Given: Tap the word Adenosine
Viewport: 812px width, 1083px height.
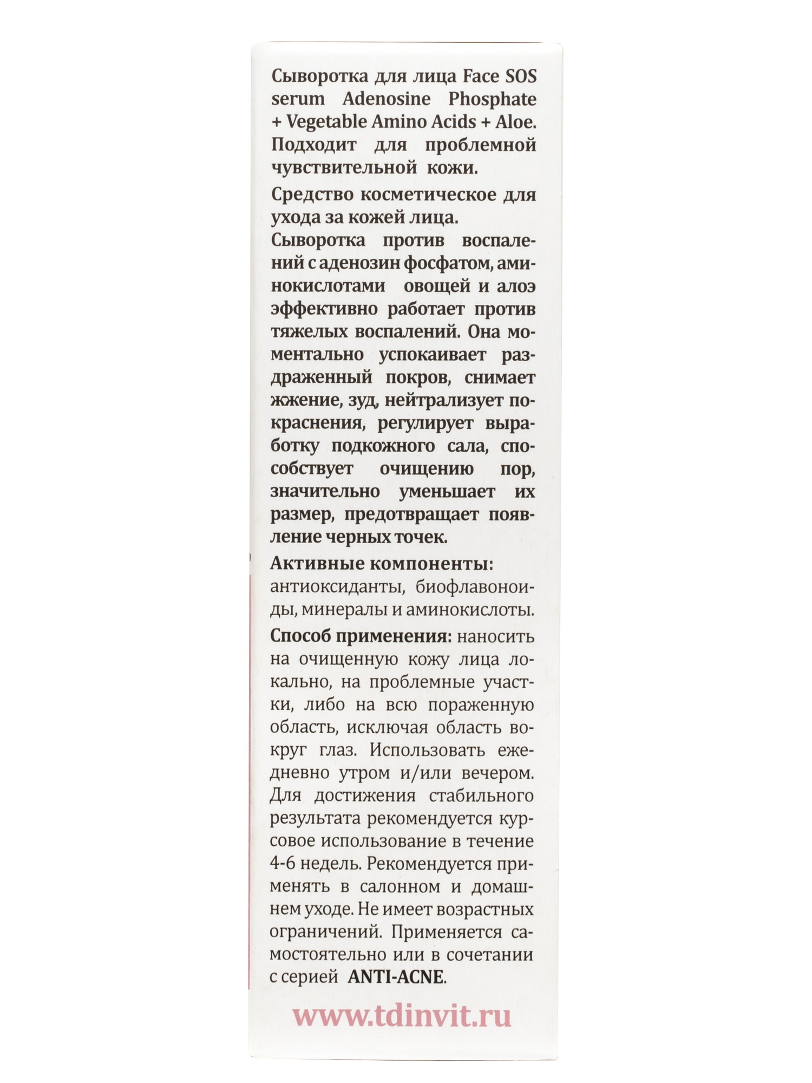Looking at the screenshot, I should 387,99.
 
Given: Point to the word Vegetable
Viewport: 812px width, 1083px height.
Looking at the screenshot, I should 326,122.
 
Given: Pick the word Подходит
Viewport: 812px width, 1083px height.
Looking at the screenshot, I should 313,145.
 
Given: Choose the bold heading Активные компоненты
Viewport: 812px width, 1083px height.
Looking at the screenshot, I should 382,564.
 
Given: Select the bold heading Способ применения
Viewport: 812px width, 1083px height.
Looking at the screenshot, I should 361,637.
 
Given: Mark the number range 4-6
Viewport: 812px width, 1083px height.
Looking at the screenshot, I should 282,865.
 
